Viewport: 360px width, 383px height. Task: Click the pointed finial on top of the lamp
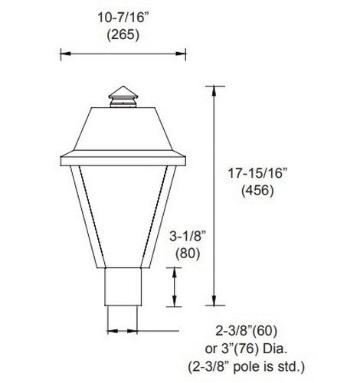[120, 90]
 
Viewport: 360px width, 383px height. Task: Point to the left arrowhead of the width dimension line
[64, 54]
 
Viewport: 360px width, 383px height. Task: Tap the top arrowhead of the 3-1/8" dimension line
[177, 269]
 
